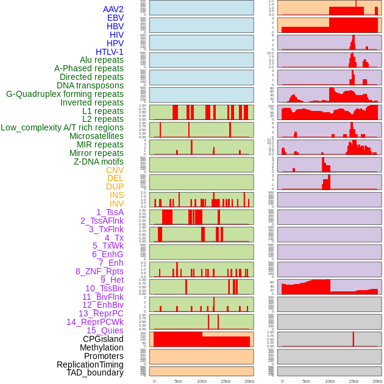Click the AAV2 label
(x=113, y=9)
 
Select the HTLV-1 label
(x=110, y=52)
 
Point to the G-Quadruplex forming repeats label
(x=65, y=94)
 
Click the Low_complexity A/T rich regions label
(x=62, y=127)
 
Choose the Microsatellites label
(x=96, y=136)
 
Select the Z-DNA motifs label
(x=99, y=162)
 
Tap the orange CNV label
(x=115, y=170)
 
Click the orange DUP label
(x=115, y=187)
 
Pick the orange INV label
(x=116, y=204)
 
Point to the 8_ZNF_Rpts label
(x=99, y=271)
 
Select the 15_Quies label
(x=105, y=330)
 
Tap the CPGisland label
(x=103, y=339)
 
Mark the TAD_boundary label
(x=95, y=372)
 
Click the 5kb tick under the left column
(x=178, y=381)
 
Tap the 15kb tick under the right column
(x=354, y=381)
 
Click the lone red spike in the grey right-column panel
(x=354, y=339)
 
